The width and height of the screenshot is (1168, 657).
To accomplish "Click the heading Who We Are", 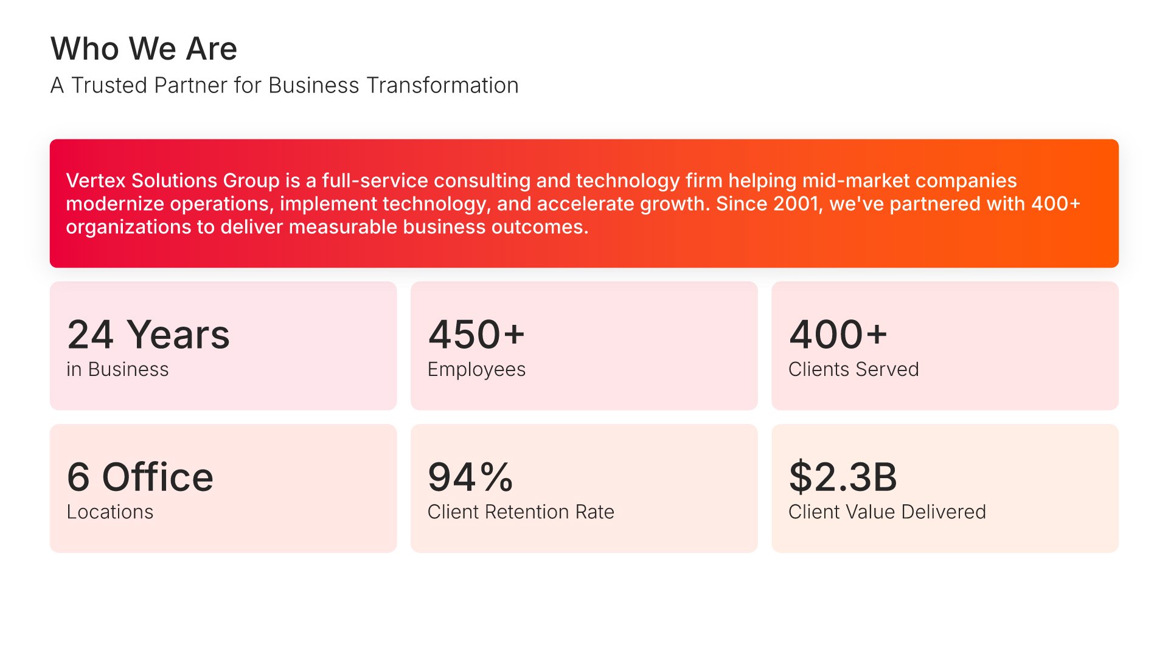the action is [144, 49].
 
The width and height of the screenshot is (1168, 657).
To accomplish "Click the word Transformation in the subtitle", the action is [443, 85].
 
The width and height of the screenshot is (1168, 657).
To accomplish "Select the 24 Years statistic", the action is [148, 335].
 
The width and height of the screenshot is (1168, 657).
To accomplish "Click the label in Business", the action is [117, 369].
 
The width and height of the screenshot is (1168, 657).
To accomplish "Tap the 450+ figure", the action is [476, 335].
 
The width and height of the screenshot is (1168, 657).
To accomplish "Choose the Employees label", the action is [476, 370].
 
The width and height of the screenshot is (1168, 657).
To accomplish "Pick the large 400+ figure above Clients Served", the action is [838, 335].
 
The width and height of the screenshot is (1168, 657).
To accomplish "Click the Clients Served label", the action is [853, 369].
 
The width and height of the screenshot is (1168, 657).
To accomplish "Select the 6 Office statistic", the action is [140, 477].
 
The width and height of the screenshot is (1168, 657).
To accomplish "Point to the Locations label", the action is [110, 512].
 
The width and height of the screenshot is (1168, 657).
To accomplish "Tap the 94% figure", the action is [471, 477].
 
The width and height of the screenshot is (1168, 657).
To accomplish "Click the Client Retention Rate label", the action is [521, 512].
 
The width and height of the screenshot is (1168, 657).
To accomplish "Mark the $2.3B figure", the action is [843, 477].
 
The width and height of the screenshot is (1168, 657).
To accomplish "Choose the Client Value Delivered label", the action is [887, 512].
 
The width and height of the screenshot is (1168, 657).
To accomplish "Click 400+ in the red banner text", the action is [1055, 204].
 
